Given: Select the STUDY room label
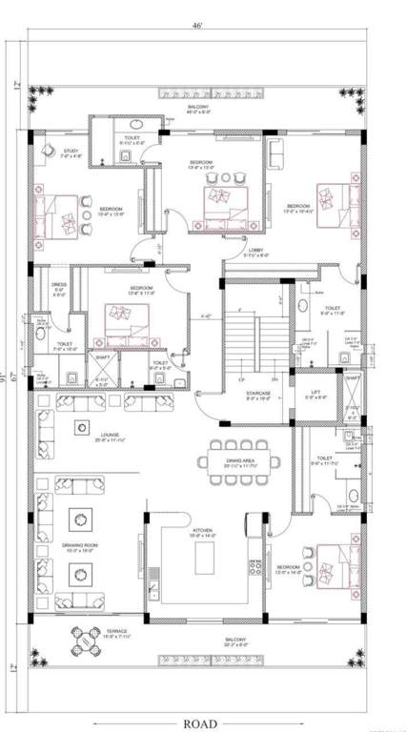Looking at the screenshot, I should (71, 151).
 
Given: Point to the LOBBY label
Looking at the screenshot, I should (256, 254).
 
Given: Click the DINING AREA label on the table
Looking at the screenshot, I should (239, 462).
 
